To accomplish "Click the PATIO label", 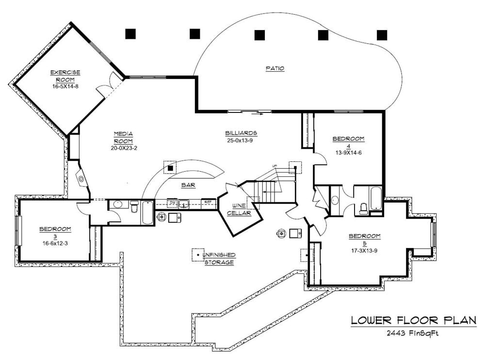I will [275, 69].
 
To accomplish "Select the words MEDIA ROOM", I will [123, 137].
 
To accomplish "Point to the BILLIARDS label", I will [241, 133].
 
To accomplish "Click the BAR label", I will [188, 185].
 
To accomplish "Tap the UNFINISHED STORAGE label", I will [219, 258].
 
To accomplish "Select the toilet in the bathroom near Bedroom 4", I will [363, 208].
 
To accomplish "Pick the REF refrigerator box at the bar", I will [208, 202].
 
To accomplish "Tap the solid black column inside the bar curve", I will [171, 168].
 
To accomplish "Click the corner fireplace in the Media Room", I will [81, 179].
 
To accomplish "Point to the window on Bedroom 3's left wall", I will [18, 231].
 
